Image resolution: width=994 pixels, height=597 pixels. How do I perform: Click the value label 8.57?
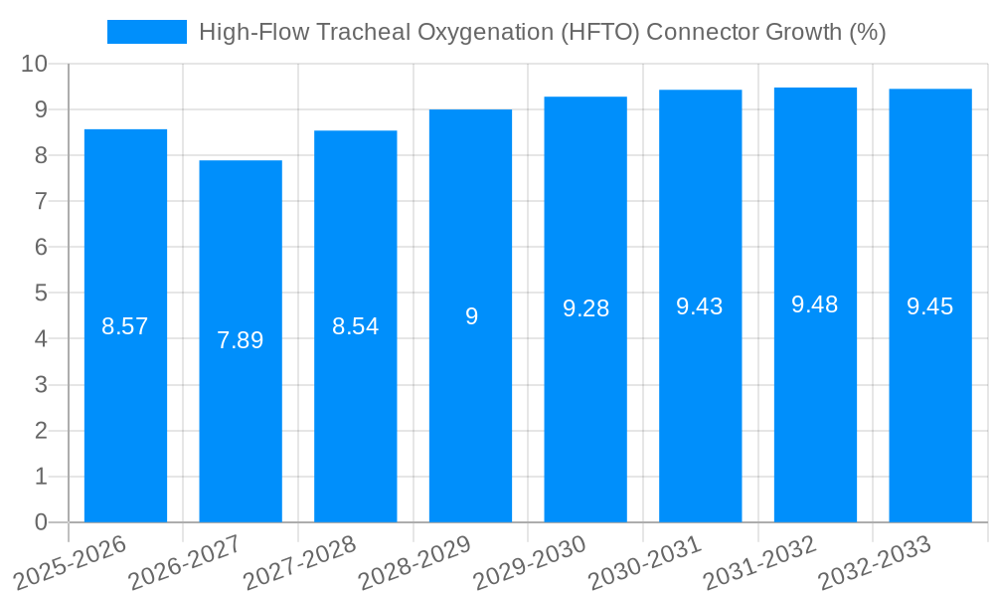click(x=125, y=326)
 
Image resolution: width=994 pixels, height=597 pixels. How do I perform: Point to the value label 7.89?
click(x=241, y=340)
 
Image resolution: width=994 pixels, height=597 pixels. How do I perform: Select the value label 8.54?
click(x=356, y=326)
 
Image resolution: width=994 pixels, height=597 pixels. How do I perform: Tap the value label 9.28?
click(x=585, y=308)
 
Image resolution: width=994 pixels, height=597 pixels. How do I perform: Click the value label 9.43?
click(x=700, y=307)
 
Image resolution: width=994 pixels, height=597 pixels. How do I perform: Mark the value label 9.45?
click(x=930, y=307)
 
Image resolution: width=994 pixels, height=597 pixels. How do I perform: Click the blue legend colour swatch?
click(x=147, y=32)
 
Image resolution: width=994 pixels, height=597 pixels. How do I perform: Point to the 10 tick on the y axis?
click(x=35, y=64)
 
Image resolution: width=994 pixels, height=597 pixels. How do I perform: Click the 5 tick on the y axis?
click(x=41, y=294)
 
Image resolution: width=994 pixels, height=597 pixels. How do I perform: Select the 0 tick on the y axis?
click(x=41, y=522)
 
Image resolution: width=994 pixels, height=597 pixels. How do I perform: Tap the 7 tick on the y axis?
click(x=41, y=201)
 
